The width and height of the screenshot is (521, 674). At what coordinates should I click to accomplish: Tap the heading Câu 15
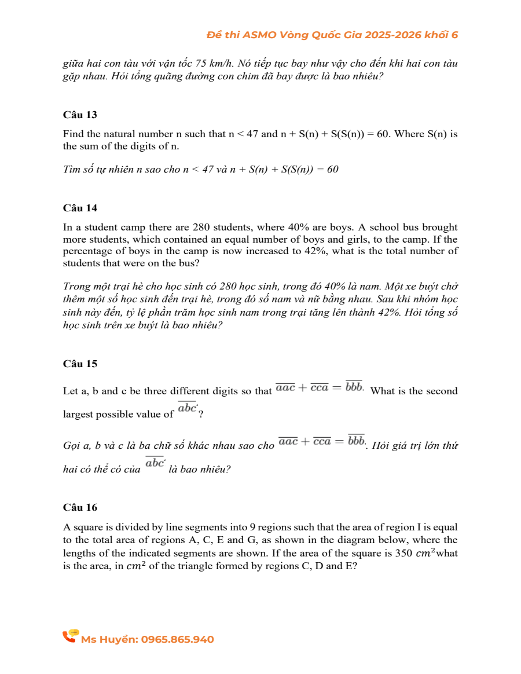coord(80,364)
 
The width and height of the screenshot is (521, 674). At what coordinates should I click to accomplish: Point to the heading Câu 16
coord(80,507)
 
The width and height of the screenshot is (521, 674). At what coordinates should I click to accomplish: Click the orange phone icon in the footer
coord(70,636)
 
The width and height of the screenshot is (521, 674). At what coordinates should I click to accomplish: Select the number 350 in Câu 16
coord(403,553)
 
